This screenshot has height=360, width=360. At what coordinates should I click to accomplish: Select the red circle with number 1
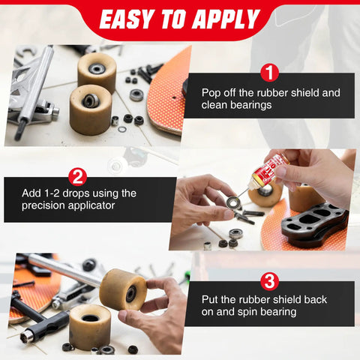coord(269,73)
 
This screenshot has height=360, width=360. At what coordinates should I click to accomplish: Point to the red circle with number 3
coord(269,282)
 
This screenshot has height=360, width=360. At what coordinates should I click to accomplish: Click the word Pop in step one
coord(211,93)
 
